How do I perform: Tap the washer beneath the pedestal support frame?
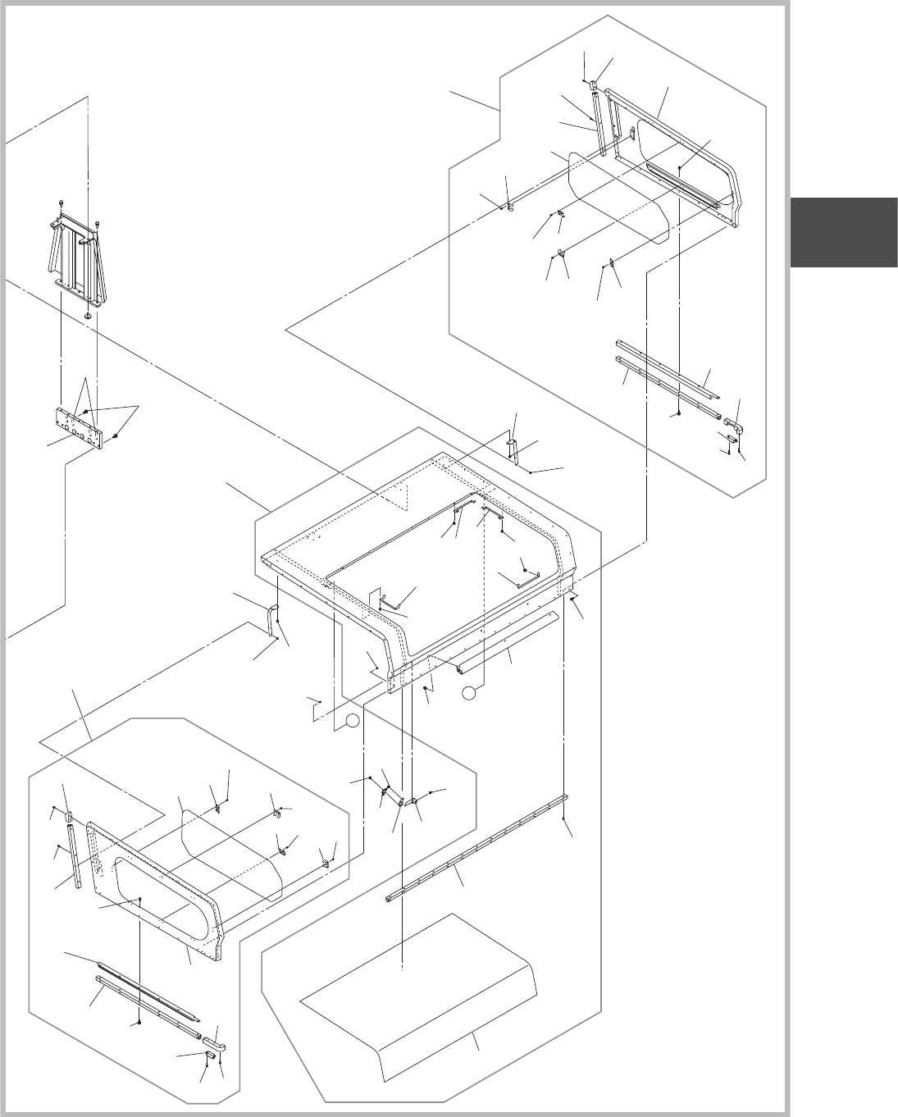point(88,315)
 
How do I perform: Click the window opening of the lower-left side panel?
point(164,894)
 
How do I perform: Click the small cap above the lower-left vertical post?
point(71,817)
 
